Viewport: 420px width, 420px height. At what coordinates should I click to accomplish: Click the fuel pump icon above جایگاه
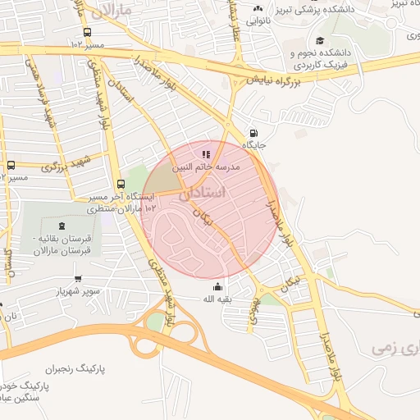click(253, 134)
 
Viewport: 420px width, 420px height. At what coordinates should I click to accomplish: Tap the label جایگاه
click(253, 148)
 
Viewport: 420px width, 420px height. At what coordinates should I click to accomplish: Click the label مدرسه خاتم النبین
click(211, 167)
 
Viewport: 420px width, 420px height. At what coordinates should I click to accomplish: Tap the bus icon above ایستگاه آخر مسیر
click(121, 184)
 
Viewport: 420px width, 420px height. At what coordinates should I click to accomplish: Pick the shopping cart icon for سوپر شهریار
click(77, 278)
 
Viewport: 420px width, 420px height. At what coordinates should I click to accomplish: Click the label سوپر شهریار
click(77, 291)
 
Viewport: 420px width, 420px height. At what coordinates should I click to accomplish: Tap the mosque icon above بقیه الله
click(217, 286)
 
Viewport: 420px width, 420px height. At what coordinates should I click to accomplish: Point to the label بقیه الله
click(217, 299)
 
